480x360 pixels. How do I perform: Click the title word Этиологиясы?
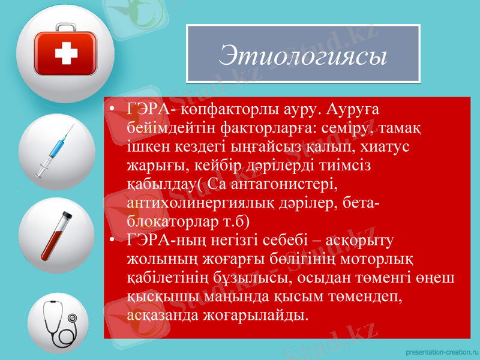[303, 55]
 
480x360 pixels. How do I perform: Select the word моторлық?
[387, 258]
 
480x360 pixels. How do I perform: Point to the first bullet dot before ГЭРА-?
[113, 110]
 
